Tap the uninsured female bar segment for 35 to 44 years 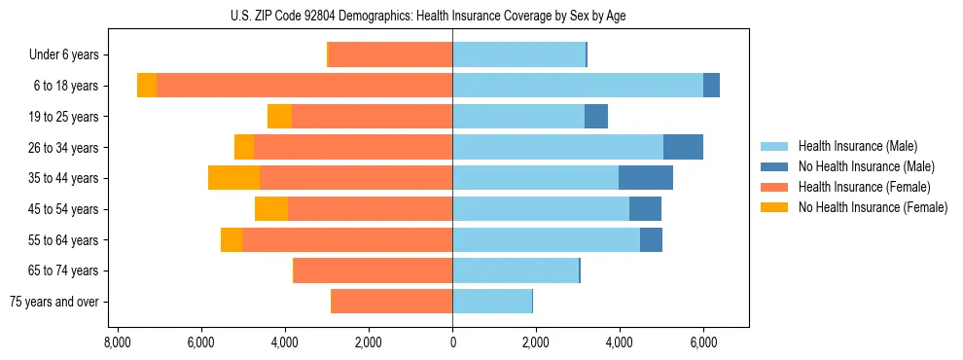[233, 178]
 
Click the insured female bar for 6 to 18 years [304, 86]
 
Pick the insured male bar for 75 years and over [492, 302]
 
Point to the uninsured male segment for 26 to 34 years [683, 147]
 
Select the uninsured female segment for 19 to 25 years [279, 117]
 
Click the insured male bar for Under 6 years [518, 54]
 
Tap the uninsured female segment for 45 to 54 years [271, 209]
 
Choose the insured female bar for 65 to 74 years [374, 270]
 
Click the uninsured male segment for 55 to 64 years [651, 239]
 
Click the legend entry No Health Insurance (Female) [873, 207]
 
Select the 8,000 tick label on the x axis [117, 343]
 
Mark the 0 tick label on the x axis [452, 343]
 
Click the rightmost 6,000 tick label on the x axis [703, 343]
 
